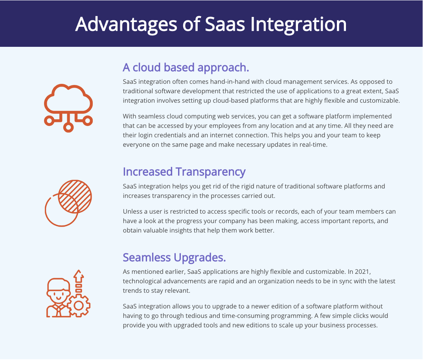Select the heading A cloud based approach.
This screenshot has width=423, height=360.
186,68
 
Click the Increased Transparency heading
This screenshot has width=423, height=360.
184,172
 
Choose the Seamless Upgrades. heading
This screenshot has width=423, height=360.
174,257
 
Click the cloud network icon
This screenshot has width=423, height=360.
68,108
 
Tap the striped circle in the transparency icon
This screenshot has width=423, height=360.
75,196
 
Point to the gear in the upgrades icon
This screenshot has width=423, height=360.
79,305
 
